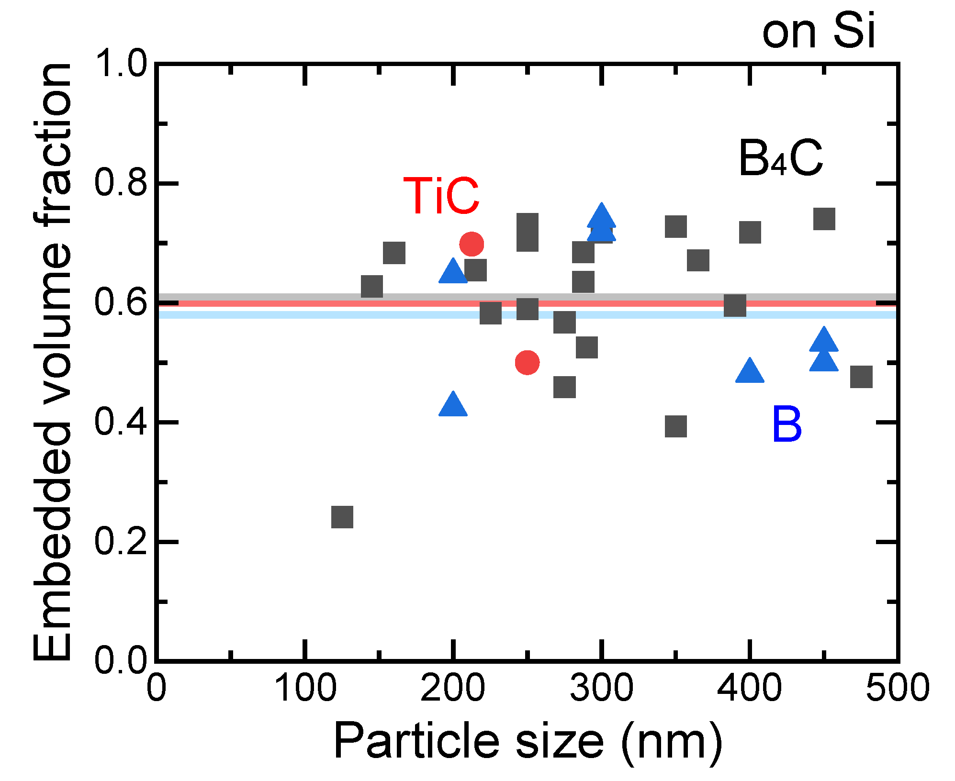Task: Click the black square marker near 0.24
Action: tap(342, 517)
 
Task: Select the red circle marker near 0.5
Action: tap(527, 362)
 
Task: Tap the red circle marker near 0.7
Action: tap(472, 244)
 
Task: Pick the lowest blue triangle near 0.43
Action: tap(453, 405)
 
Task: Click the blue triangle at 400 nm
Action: tap(750, 371)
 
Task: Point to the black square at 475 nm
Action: tap(861, 377)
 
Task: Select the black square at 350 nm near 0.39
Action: tap(676, 426)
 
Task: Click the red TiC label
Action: tap(441, 196)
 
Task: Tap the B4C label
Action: tap(781, 159)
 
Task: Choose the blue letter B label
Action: tap(787, 424)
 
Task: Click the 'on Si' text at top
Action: tap(819, 32)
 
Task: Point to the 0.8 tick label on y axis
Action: tap(120, 183)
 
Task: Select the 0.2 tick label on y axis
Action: tap(120, 542)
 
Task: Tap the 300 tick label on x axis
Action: tap(601, 688)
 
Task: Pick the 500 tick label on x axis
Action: tap(897, 688)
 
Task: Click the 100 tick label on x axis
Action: tap(305, 688)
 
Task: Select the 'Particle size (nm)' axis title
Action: tap(528, 741)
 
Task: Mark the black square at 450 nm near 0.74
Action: tap(824, 219)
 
